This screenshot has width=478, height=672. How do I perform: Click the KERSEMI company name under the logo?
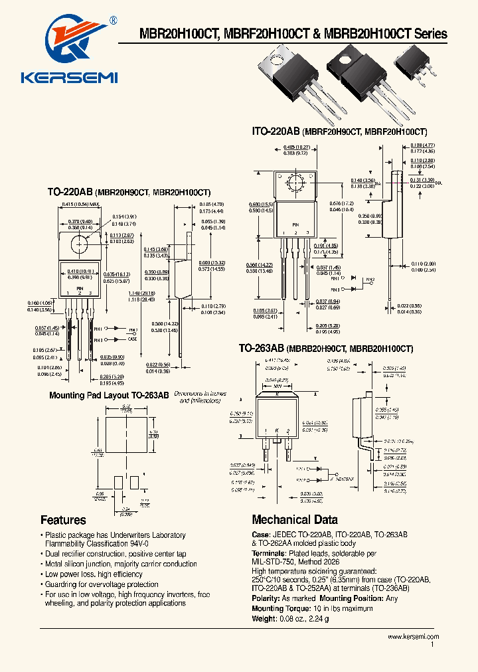click(x=70, y=78)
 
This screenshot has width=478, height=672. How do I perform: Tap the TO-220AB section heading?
click(x=70, y=192)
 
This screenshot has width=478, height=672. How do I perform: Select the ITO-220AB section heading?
click(x=276, y=132)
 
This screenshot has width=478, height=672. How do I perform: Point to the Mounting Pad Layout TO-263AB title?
click(x=109, y=395)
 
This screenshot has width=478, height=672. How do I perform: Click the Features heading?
click(x=63, y=520)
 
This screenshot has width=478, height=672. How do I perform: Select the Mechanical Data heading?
click(x=294, y=520)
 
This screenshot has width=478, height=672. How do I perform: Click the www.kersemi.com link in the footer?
click(x=413, y=636)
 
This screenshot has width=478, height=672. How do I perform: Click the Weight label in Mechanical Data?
click(x=265, y=618)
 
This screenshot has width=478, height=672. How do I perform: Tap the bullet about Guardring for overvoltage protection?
click(x=102, y=584)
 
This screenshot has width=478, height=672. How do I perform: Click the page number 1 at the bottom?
click(x=432, y=645)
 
